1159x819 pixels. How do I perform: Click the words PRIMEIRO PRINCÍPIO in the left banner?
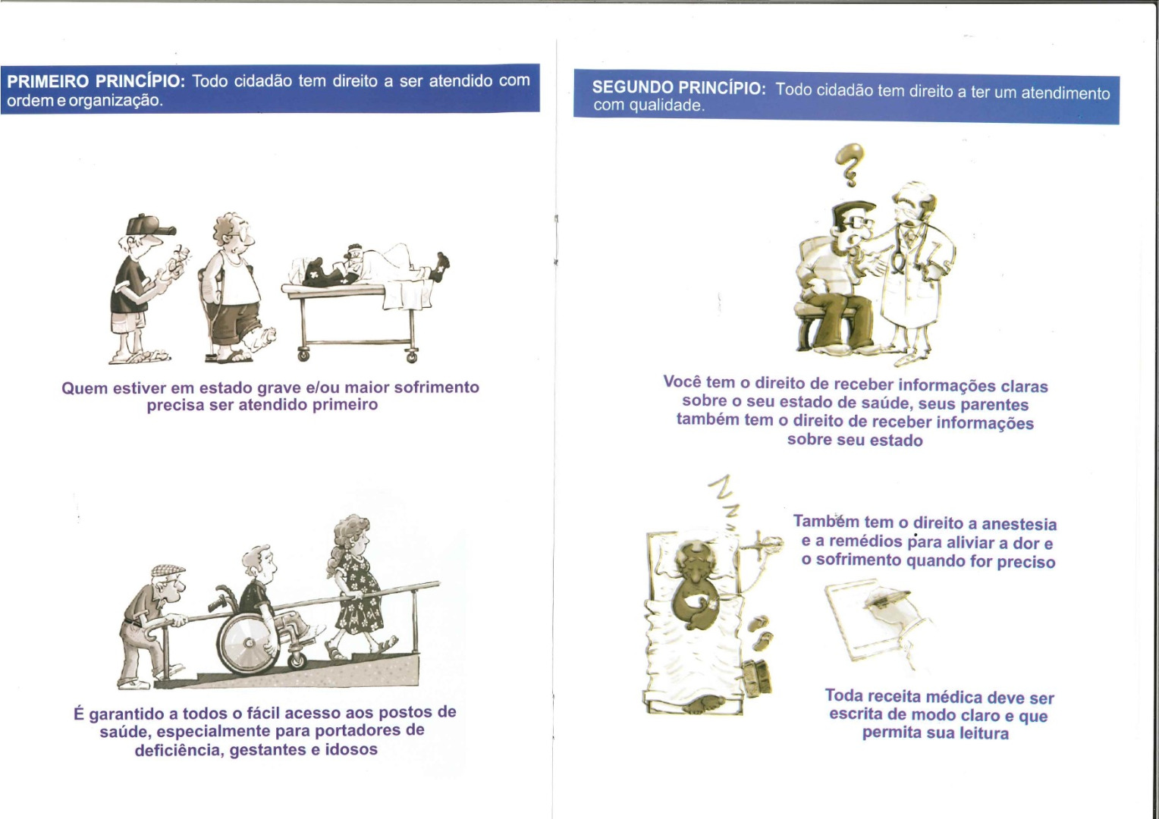[x=96, y=82]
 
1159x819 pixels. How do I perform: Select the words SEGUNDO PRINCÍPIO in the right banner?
[x=678, y=87]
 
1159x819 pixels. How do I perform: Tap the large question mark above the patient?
[x=849, y=164]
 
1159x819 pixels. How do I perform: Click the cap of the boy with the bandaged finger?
[x=149, y=225]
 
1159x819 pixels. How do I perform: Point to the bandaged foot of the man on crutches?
[x=261, y=338]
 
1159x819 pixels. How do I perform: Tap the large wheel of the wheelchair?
[x=248, y=643]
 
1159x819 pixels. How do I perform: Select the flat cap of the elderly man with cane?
[x=168, y=570]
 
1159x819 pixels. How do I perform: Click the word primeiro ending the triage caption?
[x=345, y=404]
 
